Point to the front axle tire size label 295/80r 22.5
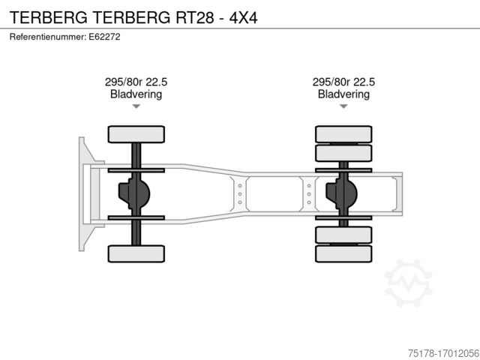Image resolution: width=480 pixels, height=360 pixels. [136, 82]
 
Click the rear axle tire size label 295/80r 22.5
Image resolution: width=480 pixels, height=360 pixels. [343, 82]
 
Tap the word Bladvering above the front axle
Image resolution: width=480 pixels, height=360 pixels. [136, 94]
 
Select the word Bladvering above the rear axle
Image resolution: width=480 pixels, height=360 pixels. [343, 94]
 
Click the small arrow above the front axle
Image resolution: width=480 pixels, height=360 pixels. [136, 106]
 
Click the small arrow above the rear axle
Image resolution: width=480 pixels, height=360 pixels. [343, 106]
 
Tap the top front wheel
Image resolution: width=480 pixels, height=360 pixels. [136, 134]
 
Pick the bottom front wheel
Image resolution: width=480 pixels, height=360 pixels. [136, 253]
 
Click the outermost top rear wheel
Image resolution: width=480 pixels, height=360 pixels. [343, 134]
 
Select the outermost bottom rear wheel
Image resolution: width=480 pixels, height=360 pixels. [343, 253]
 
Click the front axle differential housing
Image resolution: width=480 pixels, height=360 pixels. [133, 193]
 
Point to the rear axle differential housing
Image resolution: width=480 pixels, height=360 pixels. [341, 193]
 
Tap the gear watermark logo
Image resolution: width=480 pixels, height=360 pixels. [408, 283]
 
